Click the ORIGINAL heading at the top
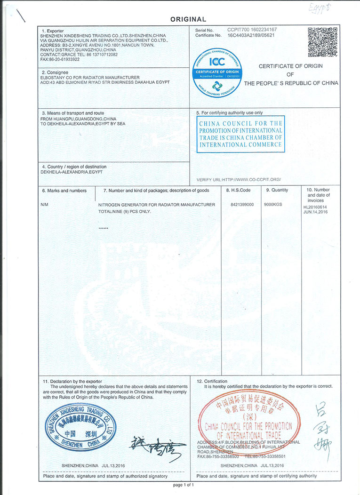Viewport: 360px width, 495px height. tap(188, 19)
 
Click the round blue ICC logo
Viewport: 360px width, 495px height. tap(217, 72)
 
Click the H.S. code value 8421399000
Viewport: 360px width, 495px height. tap(242, 205)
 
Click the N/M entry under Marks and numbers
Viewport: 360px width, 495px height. tap(45, 205)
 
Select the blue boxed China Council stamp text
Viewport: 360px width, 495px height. tap(240, 134)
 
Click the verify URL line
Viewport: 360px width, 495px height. tap(239, 180)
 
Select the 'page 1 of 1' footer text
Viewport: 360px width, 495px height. tap(184, 485)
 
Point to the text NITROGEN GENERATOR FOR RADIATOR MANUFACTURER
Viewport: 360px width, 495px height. tap(156, 205)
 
